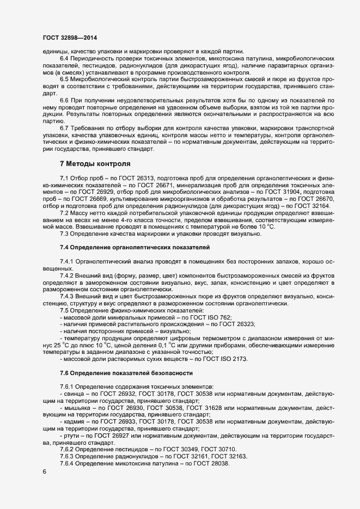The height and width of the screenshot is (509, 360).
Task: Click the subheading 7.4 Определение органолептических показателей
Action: click(x=131, y=248)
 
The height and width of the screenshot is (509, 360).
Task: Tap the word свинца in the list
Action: click(x=74, y=394)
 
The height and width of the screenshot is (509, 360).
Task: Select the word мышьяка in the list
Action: click(x=77, y=407)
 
